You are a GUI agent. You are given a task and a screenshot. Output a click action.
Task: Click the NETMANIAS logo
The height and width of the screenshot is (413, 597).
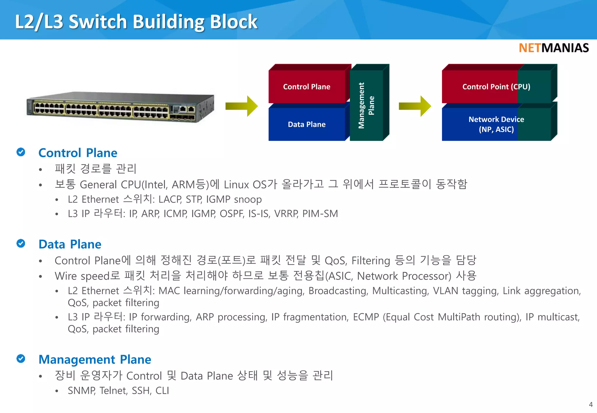point(554,48)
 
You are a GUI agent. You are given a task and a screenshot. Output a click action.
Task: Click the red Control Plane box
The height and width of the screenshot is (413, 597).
point(307,87)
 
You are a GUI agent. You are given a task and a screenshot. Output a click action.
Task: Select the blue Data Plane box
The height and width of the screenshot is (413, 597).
point(307,125)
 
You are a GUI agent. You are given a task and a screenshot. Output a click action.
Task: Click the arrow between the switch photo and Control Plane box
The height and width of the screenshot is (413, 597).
point(242,106)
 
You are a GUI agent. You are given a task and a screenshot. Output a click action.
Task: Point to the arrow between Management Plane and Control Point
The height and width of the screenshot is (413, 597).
point(415,106)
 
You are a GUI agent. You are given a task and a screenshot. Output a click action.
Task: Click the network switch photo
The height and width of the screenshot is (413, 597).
point(120,107)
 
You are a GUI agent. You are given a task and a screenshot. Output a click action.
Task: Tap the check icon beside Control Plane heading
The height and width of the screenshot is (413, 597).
point(21,152)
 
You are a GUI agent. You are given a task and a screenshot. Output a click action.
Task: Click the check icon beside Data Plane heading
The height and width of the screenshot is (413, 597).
point(21,243)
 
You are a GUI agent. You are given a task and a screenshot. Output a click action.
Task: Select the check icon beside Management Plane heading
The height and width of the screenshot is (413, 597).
point(21,359)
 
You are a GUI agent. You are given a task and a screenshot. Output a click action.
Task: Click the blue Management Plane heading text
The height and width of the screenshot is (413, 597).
point(95,359)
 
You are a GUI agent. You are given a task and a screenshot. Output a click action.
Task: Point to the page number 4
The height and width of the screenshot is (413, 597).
point(591,405)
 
